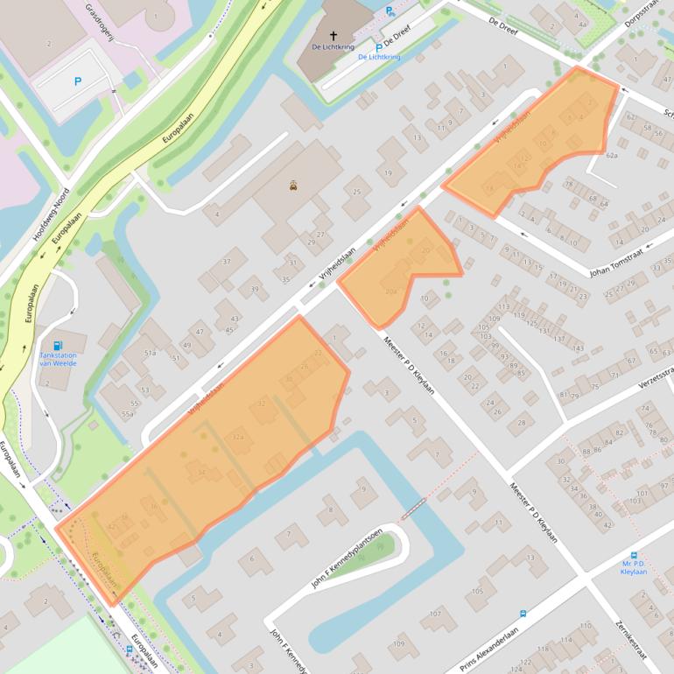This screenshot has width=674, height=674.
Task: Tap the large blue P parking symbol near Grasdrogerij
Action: (x=78, y=81)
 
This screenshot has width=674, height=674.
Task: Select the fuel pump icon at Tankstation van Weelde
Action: (x=58, y=345)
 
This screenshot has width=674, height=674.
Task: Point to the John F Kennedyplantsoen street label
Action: (x=347, y=557)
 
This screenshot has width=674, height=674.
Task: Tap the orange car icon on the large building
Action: (x=293, y=186)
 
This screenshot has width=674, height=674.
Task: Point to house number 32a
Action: (x=237, y=437)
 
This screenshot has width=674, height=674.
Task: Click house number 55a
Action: (x=129, y=413)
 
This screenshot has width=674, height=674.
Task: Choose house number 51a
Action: (x=151, y=353)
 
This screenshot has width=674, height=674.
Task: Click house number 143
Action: (x=577, y=348)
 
